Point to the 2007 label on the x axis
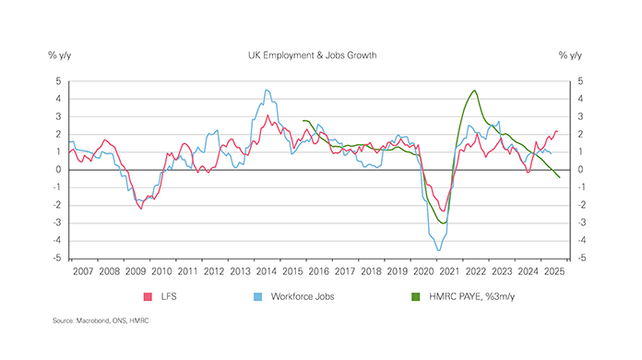pyautogui.click(x=82, y=272)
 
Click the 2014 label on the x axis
pyautogui.click(x=268, y=272)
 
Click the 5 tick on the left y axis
pyautogui.click(x=58, y=81)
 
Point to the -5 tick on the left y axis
pyautogui.click(x=56, y=259)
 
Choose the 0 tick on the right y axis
pyautogui.click(x=581, y=171)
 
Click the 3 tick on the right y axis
pyautogui.click(x=581, y=117)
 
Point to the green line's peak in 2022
pyautogui.click(x=474, y=90)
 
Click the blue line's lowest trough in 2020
pyautogui.click(x=438, y=250)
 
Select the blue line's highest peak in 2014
pyautogui.click(x=267, y=90)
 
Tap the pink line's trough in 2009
pyautogui.click(x=140, y=209)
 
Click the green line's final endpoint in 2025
pyautogui.click(x=560, y=178)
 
